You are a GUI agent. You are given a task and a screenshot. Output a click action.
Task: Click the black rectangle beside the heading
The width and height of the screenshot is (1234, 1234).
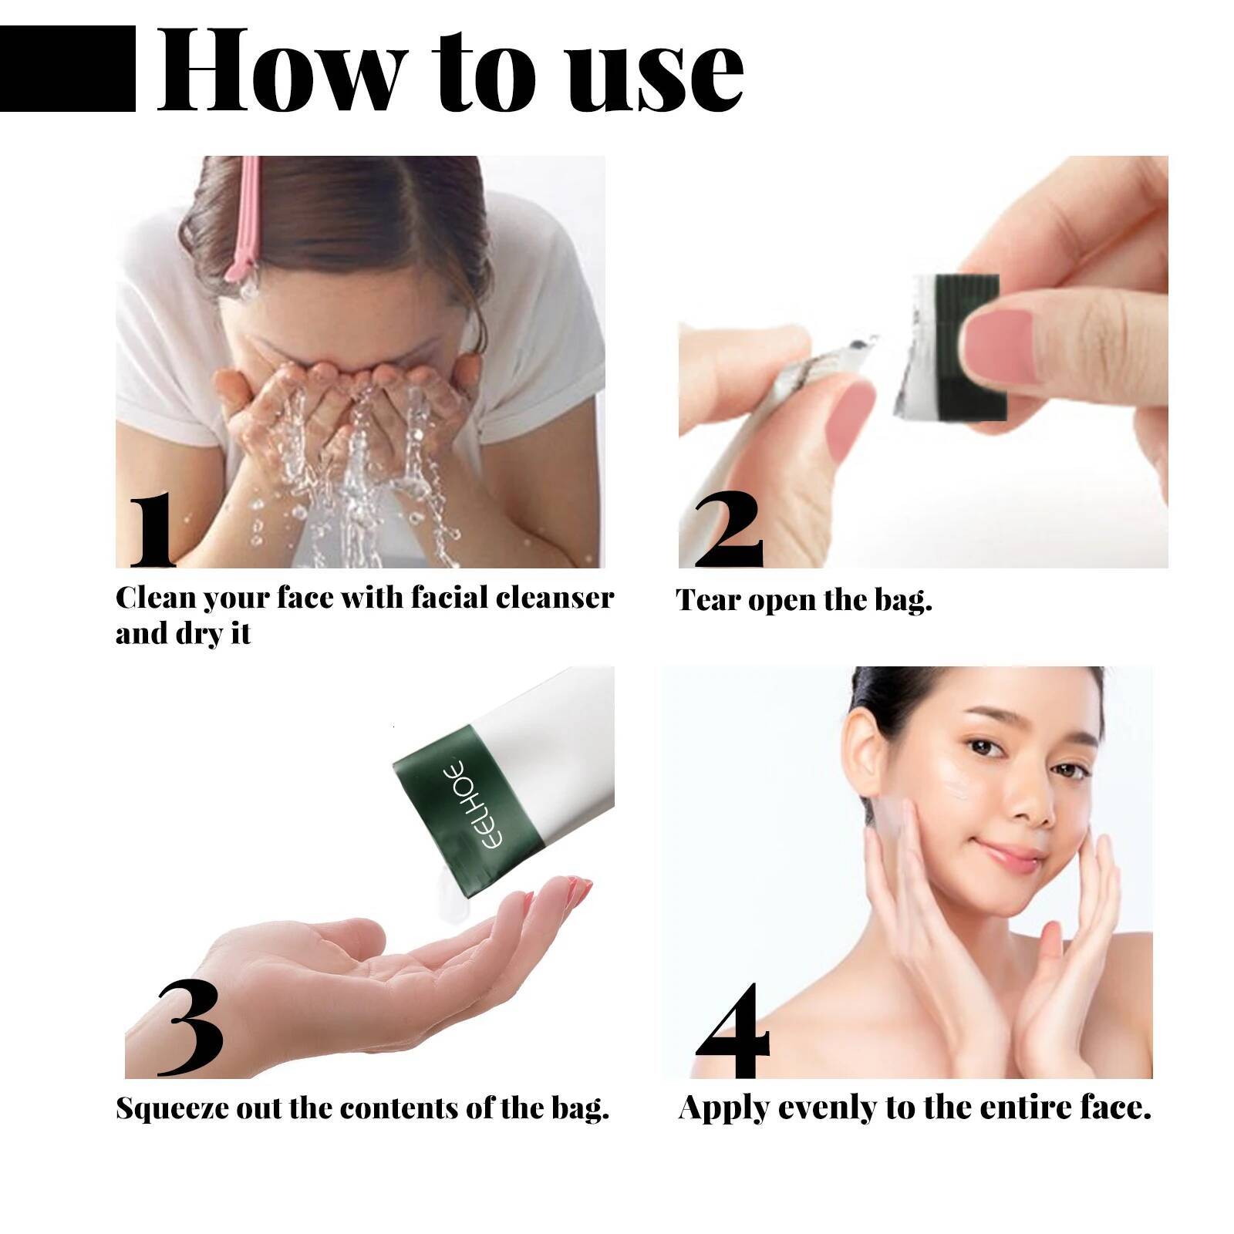coord(68,69)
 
